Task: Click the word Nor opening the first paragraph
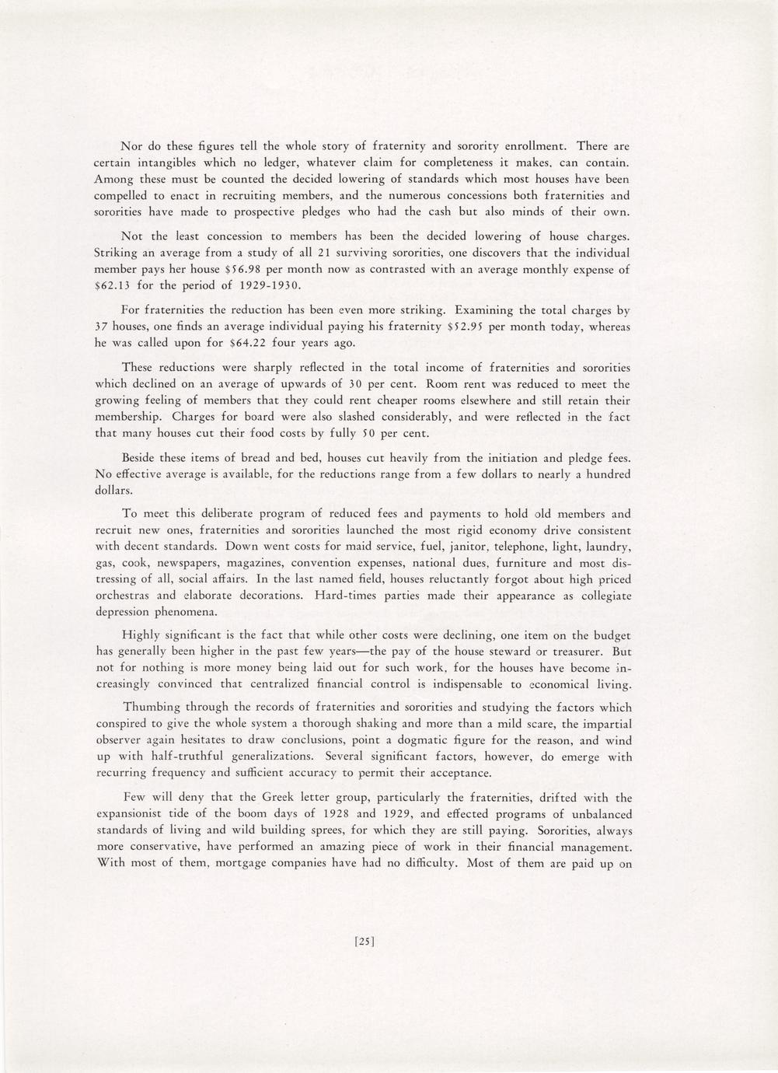132,146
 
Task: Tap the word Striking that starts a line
116,253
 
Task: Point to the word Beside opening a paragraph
142,457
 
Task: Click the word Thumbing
153,708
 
